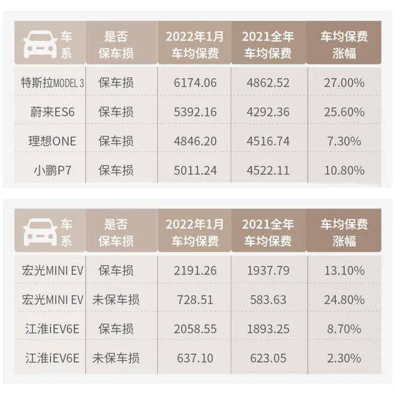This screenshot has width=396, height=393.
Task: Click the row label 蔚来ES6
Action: pyautogui.click(x=47, y=112)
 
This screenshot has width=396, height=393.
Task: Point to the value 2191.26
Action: pyautogui.click(x=194, y=270)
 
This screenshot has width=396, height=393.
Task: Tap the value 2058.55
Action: pyautogui.click(x=194, y=329)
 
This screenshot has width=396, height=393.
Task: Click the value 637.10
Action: pyautogui.click(x=194, y=358)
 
